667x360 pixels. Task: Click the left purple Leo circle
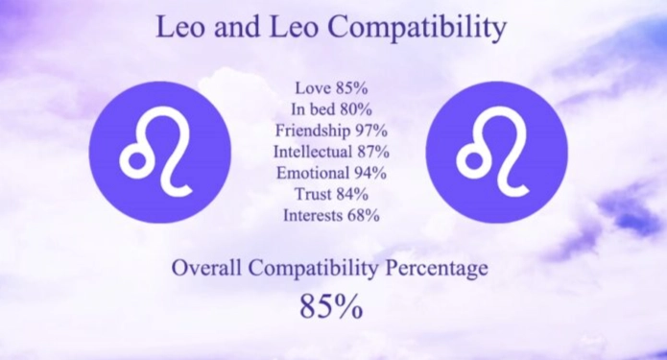[160, 153]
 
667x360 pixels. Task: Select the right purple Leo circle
[496, 153]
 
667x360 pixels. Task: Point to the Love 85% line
[331, 87]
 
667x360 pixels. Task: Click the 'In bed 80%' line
[331, 108]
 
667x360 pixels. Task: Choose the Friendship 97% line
[331, 130]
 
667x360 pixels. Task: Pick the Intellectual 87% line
[331, 152]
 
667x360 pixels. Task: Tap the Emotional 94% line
[331, 173]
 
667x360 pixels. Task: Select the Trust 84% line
[331, 194]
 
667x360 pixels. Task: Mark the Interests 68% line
[331, 215]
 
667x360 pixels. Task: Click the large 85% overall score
[331, 306]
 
